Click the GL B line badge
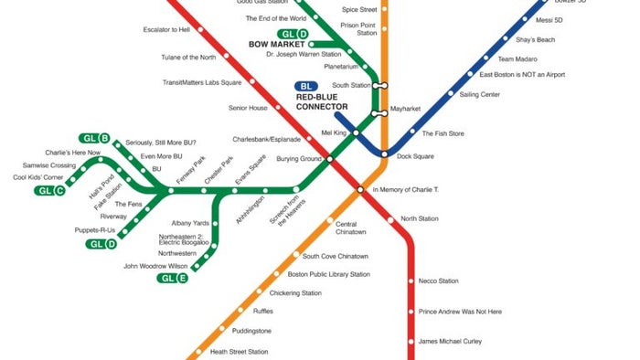coord(95,139)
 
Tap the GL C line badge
coord(50,191)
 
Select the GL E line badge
coord(173,278)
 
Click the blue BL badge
coord(306,87)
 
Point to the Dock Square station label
coord(415,155)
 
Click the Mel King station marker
coord(357,133)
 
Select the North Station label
coord(420,218)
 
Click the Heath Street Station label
coord(239,352)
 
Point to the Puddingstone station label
coord(251,331)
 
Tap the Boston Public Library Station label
coord(328,274)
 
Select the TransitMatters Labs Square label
coord(201,82)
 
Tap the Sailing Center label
coord(479,94)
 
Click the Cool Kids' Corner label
coord(38,177)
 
